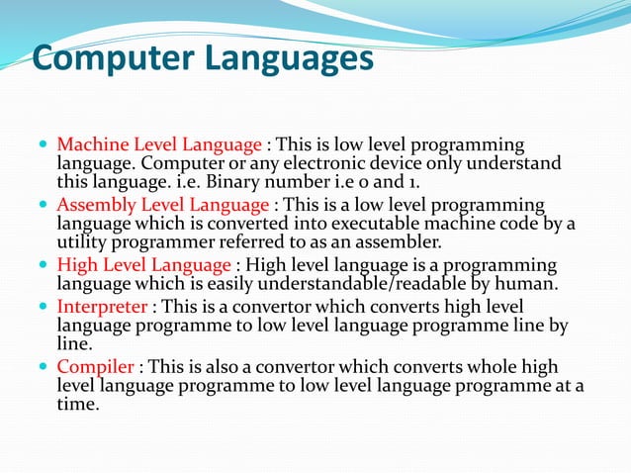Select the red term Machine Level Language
[159, 143]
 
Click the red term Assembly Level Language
[163, 205]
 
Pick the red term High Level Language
[144, 265]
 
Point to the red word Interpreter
[102, 307]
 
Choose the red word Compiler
[95, 367]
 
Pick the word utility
[83, 242]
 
